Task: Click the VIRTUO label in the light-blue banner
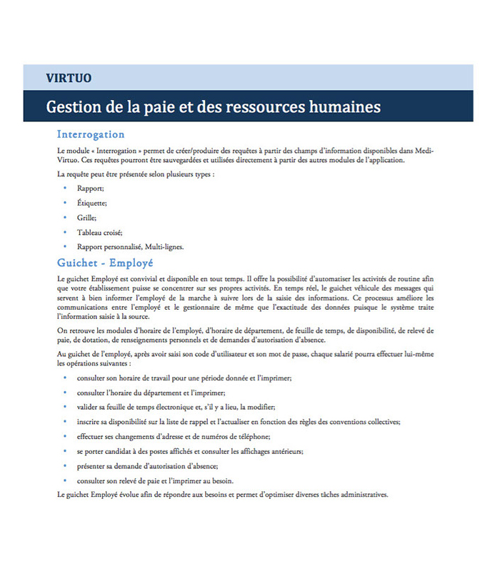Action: tap(69, 78)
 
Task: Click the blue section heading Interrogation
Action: tap(91, 134)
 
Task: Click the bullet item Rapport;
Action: tap(91, 188)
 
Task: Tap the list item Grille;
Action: tap(87, 217)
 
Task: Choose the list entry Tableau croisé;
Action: tap(100, 232)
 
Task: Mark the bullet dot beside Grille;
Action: tap(65, 217)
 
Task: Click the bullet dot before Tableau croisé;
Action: tap(65, 232)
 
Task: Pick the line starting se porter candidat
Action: tap(190, 451)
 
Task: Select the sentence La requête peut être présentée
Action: tap(136, 173)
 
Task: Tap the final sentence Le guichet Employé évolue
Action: tap(221, 494)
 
